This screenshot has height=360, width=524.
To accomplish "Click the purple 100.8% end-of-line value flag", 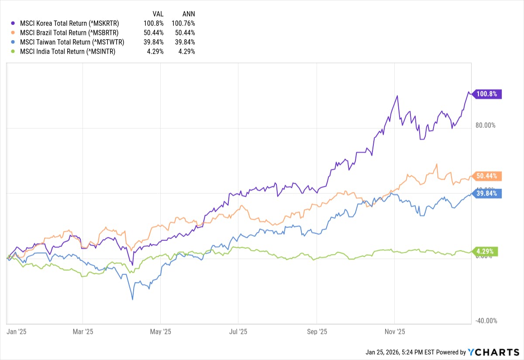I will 486,94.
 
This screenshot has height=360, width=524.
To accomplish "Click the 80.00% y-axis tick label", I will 485,125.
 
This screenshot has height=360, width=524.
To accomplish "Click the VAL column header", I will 158,14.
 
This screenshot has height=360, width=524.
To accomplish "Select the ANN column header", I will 188,14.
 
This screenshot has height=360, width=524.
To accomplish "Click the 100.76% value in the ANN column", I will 183,23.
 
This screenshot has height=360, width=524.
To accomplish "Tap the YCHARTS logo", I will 493,352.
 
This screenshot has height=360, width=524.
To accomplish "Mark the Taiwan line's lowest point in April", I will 132,299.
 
